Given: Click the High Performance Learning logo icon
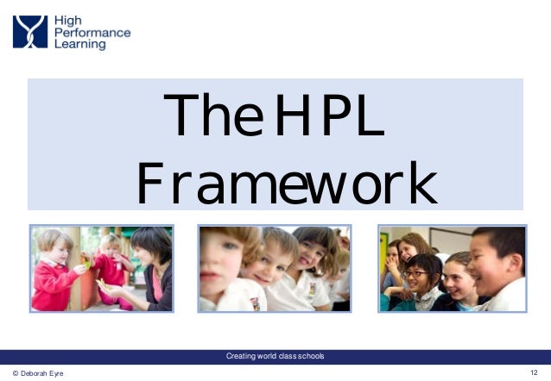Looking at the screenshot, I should coord(31,31).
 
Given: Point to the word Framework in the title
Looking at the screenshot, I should coord(287,182).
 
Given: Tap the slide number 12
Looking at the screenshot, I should coord(535,372).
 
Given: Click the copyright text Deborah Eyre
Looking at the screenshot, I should coord(38,373).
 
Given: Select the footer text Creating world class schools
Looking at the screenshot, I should coord(275,356).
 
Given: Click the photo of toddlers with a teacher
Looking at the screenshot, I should coord(102,268).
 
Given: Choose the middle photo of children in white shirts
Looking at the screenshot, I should coord(274,268).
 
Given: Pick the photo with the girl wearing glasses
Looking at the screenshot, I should coord(453,268).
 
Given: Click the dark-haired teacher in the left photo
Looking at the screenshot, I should coord(152,259).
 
